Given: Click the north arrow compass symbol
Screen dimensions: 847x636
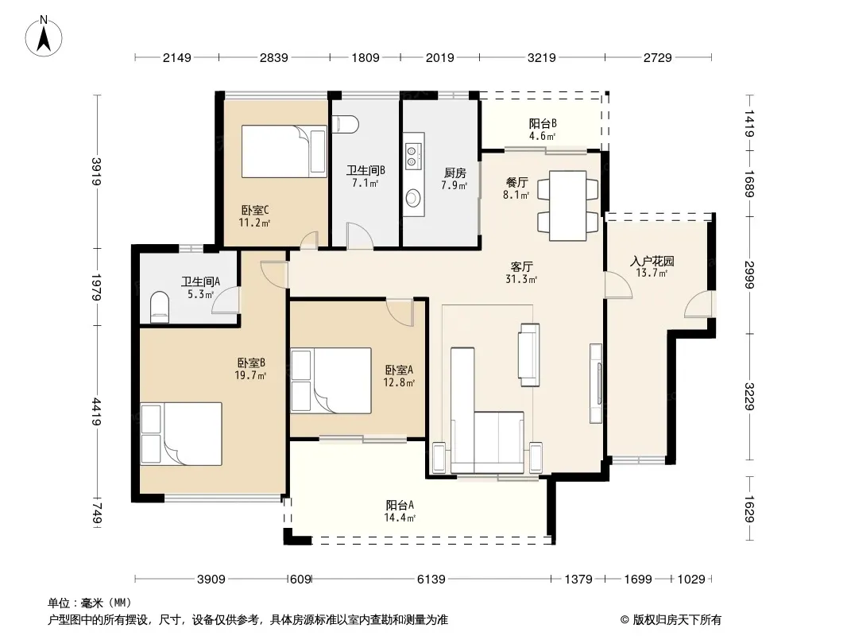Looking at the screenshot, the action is (x=44, y=37).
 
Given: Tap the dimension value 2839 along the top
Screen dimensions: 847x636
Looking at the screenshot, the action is (x=274, y=57).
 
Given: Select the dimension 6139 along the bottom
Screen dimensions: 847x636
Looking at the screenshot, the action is (x=431, y=580).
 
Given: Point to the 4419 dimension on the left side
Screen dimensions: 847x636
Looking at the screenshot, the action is (x=97, y=412).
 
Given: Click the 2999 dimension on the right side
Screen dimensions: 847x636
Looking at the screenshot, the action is (x=748, y=274).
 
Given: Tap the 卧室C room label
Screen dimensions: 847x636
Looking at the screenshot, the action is (x=255, y=210).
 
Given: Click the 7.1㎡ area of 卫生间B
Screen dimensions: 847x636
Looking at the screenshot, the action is (x=365, y=183).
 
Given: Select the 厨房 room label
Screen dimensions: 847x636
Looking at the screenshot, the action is (x=454, y=173).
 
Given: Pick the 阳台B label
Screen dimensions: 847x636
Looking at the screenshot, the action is (x=543, y=124).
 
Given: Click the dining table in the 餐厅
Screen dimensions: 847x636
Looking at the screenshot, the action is (x=568, y=206).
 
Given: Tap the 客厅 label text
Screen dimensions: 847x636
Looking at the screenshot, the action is (x=522, y=266).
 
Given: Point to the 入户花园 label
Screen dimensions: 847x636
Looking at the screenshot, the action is (x=652, y=261).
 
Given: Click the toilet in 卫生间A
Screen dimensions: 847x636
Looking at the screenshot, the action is (x=160, y=307).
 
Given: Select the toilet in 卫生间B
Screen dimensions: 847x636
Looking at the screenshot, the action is (x=346, y=124).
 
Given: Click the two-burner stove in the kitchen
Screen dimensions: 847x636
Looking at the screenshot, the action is (x=412, y=156).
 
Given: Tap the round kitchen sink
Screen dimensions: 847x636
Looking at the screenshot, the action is (x=413, y=198).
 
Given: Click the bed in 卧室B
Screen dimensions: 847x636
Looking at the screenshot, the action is (x=181, y=433).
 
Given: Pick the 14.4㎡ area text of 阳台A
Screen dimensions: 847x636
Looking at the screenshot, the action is (x=400, y=518).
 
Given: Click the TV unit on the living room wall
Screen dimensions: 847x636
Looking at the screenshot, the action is (x=597, y=383).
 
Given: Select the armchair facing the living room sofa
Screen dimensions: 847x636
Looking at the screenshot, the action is (x=529, y=355).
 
